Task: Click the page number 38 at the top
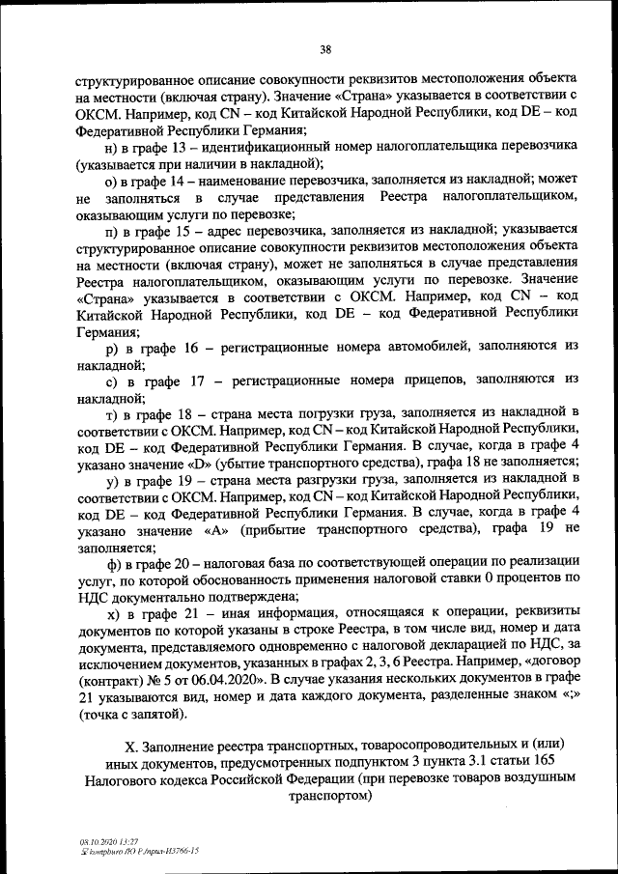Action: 325,50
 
